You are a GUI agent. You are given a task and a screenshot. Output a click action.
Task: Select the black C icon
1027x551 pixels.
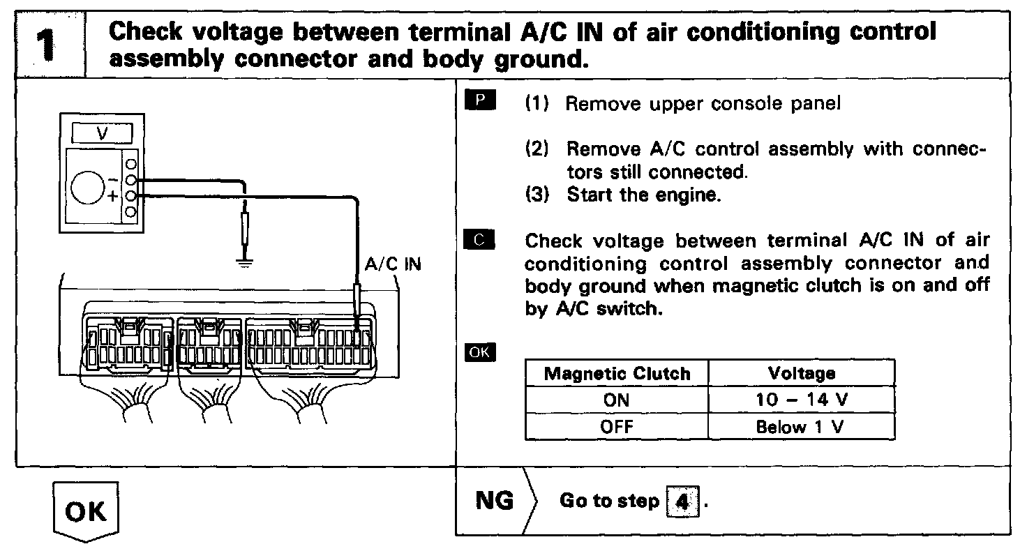pyautogui.click(x=479, y=241)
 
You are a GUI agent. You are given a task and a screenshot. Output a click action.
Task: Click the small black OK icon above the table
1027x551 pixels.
pyautogui.click(x=479, y=352)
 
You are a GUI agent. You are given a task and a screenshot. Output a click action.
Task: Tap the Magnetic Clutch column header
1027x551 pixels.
pyautogui.click(x=616, y=373)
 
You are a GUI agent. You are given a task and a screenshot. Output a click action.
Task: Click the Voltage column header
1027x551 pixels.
pyautogui.click(x=801, y=373)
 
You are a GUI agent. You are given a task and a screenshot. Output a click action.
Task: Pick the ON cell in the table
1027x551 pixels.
pyautogui.click(x=616, y=400)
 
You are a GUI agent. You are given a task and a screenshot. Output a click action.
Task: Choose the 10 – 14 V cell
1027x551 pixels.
pyautogui.click(x=801, y=400)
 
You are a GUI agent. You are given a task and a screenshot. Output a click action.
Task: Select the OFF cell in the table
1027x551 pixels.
pyautogui.click(x=616, y=426)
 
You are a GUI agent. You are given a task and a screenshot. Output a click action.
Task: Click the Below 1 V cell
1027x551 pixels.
pyautogui.click(x=801, y=426)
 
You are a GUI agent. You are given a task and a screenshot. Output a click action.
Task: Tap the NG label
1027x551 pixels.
pyautogui.click(x=494, y=501)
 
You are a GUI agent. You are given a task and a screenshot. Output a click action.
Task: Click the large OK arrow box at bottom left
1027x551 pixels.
pyautogui.click(x=87, y=512)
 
